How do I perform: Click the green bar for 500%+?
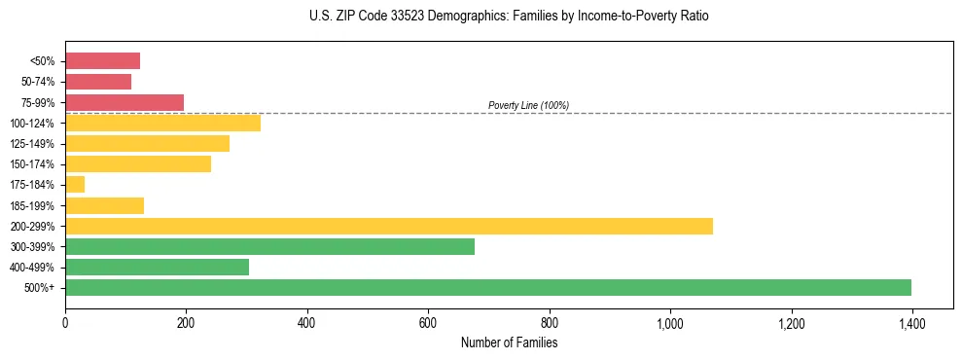click(x=488, y=287)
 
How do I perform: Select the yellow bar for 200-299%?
click(x=389, y=226)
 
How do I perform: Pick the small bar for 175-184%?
click(x=75, y=184)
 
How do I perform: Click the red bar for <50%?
click(x=102, y=61)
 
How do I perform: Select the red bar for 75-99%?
click(x=125, y=102)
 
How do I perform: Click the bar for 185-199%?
click(x=104, y=205)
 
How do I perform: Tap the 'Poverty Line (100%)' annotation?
click(x=528, y=105)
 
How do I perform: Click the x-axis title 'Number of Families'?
click(x=509, y=342)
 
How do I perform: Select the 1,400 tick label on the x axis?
click(x=911, y=323)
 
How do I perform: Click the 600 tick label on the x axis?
click(x=428, y=323)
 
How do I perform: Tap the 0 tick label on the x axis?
click(x=65, y=323)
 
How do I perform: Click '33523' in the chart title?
click(x=380, y=17)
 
